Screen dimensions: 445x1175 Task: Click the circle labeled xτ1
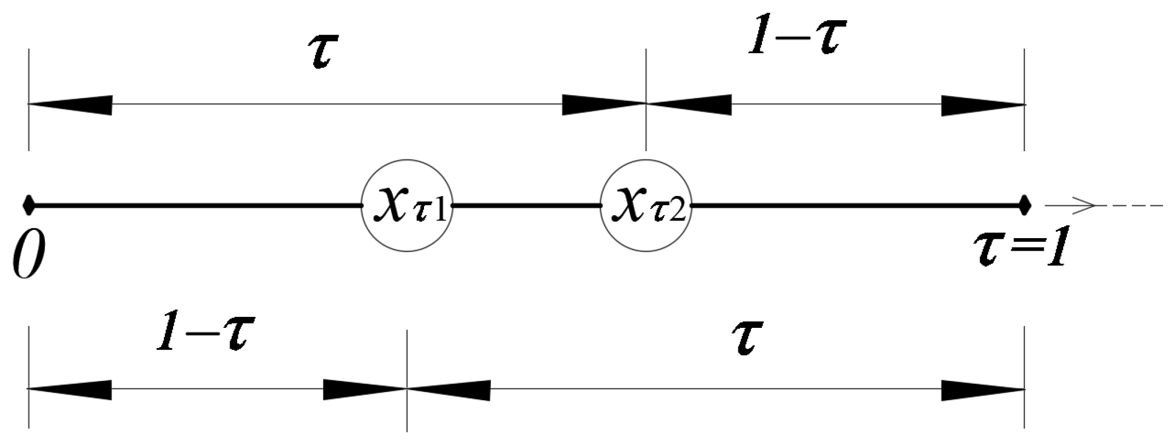[407, 206]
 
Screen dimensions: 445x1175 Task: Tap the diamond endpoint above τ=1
[1024, 206]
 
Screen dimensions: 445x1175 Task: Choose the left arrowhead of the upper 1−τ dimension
[689, 105]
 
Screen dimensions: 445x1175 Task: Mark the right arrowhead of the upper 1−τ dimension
[983, 105]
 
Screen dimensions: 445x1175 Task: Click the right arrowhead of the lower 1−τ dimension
[364, 389]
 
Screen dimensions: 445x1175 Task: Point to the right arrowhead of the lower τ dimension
[983, 389]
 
